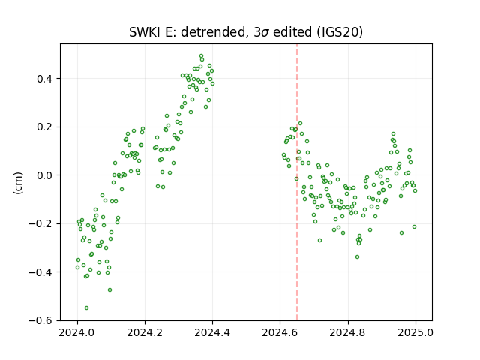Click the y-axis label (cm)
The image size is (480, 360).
18,183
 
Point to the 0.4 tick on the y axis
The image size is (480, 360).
45,79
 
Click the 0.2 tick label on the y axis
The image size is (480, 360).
45,127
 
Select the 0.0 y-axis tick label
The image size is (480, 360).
45,175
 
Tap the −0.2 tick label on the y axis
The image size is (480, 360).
40,223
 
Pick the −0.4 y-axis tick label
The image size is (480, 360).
40,272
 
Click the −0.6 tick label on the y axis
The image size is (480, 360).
40,320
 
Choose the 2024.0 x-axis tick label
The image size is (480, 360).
77,332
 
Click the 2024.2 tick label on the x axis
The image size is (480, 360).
145,332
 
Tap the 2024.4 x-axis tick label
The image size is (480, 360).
212,332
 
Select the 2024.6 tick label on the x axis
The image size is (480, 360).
280,332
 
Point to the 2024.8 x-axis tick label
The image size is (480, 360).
348,332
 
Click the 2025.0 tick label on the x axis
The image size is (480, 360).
415,332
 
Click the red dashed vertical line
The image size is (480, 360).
297,182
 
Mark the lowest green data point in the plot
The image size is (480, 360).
87,308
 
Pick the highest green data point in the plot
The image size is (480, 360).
202,56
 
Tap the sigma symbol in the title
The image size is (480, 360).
265,33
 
